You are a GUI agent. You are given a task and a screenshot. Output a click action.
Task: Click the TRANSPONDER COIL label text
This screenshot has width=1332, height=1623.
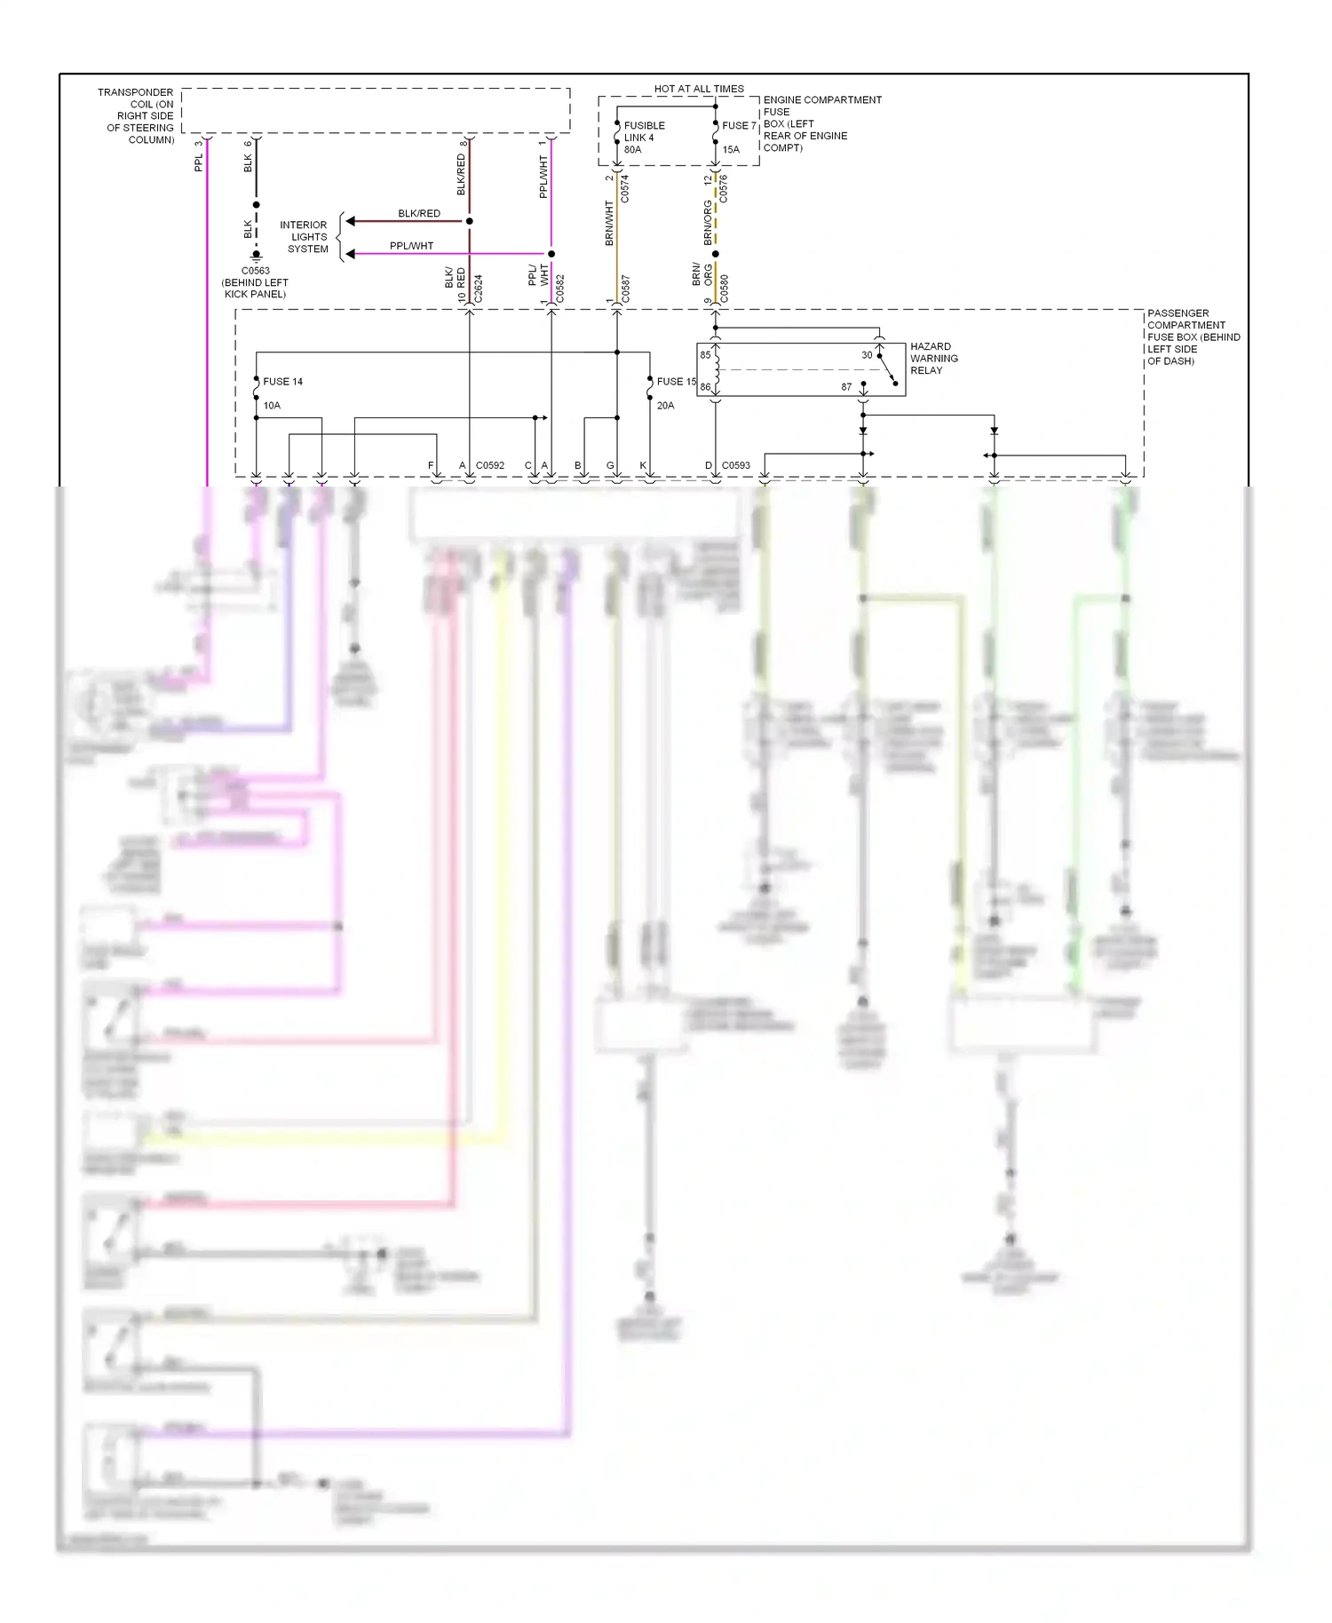(x=138, y=116)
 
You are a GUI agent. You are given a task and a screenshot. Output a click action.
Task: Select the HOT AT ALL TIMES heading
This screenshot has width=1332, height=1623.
(x=699, y=89)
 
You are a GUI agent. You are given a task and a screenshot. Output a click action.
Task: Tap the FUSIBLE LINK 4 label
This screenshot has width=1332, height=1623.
(x=644, y=131)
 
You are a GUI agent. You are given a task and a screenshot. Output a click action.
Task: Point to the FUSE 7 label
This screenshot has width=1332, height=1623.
(x=739, y=125)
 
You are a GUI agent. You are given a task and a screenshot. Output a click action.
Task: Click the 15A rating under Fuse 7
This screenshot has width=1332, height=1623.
(x=731, y=149)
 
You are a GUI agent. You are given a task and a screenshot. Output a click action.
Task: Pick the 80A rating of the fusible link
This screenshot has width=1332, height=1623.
(x=632, y=149)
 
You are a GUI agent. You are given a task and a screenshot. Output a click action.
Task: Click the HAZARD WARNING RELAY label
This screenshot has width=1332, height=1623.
(x=933, y=359)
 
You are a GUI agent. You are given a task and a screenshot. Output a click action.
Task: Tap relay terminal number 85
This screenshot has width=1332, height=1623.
(x=705, y=355)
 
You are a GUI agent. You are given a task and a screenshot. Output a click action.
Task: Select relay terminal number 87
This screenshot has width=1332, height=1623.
(x=846, y=387)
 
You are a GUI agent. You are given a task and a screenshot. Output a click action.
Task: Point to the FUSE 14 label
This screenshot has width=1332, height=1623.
(x=282, y=382)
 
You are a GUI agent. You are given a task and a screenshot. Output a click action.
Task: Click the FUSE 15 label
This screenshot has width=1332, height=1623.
(x=676, y=382)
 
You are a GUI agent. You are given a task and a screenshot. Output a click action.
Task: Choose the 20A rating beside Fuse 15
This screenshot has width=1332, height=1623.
(x=665, y=406)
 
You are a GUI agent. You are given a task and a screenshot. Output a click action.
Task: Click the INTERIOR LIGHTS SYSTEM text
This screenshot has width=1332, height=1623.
(x=305, y=237)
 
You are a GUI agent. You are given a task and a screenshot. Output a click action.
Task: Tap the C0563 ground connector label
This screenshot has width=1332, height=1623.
(x=256, y=271)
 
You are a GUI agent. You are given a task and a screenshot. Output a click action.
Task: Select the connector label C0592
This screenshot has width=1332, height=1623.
(x=489, y=465)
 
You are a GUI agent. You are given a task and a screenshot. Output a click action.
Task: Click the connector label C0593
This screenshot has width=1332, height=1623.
(x=735, y=465)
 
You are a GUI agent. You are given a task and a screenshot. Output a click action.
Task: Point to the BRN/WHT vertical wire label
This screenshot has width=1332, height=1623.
(x=609, y=224)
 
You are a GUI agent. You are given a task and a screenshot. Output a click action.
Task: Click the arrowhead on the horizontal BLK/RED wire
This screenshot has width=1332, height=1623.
(x=352, y=221)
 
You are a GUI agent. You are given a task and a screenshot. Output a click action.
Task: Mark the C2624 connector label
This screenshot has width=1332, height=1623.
(x=479, y=289)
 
